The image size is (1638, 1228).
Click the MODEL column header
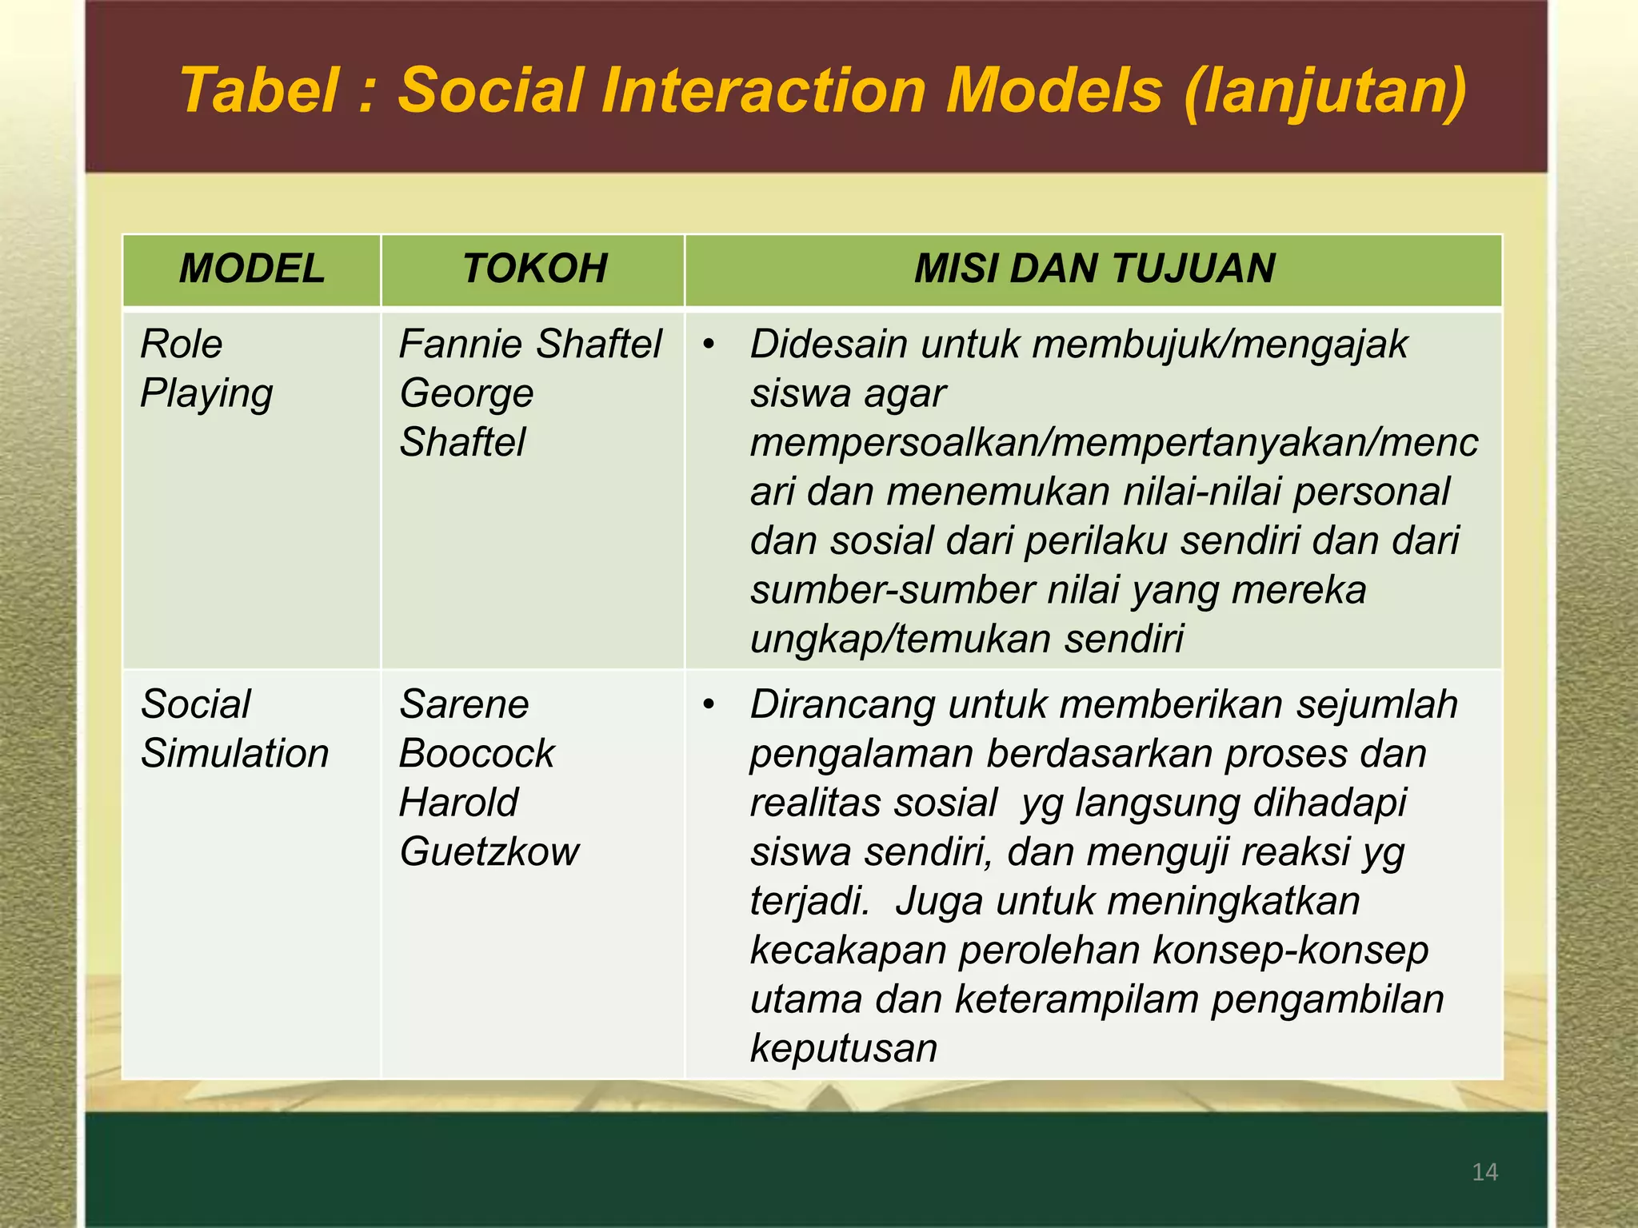coord(252,269)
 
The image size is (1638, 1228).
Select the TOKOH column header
coord(534,269)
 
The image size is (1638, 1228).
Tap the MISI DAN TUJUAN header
coord(1093,269)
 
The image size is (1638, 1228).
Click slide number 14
coord(1484,1172)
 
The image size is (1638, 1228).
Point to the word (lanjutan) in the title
coord(1324,91)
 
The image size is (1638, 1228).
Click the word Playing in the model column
coord(206,394)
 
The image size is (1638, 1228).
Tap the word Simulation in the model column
coord(234,754)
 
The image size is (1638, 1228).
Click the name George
coord(466,394)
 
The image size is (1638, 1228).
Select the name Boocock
coord(477,754)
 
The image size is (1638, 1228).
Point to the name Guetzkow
coord(489,852)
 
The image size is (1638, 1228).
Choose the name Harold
coord(459,803)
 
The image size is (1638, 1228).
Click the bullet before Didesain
coord(708,345)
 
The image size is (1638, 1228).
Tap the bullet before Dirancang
coord(708,705)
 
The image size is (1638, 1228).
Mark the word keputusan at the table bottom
coord(844,1048)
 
